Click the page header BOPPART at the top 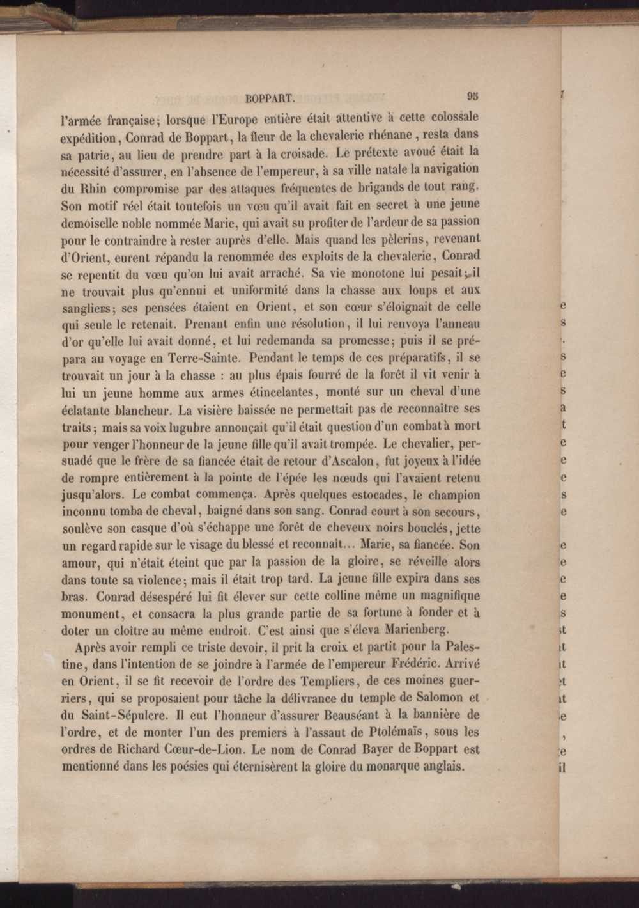click(x=269, y=98)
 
